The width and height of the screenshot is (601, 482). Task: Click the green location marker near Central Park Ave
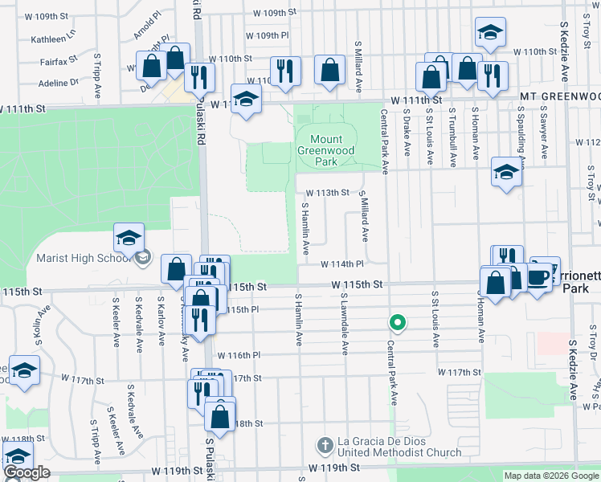click(x=396, y=323)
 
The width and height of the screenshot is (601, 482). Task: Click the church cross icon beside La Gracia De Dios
click(x=325, y=444)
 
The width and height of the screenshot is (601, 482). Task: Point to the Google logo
click(x=27, y=473)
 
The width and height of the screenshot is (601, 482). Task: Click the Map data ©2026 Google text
click(x=550, y=476)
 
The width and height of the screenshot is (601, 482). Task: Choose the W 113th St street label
click(x=328, y=193)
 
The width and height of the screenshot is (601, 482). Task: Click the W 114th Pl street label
click(x=343, y=264)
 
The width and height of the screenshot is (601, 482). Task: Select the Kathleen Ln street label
click(x=52, y=39)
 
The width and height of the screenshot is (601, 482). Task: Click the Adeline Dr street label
click(x=57, y=82)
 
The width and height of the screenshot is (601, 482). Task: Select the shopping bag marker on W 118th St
click(x=219, y=417)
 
